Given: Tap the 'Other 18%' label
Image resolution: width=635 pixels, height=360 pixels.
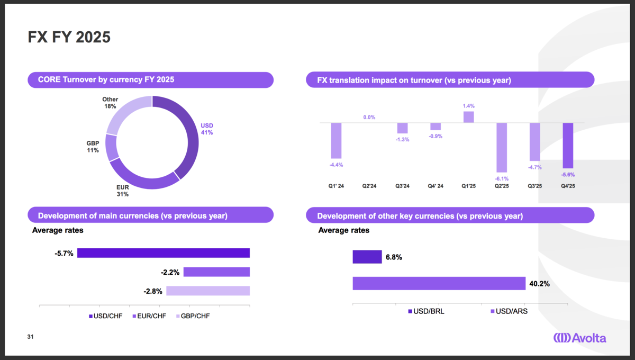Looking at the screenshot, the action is [110, 103].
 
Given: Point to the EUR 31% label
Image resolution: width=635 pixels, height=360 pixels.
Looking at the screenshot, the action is [122, 191].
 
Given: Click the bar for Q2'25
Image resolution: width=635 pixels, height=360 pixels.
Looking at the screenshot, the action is [502, 148].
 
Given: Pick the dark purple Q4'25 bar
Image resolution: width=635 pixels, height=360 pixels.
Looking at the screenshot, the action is [568, 146].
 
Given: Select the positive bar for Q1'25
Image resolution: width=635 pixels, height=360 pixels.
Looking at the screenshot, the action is [469, 117].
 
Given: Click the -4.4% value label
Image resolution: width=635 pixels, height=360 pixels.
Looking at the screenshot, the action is [336, 165].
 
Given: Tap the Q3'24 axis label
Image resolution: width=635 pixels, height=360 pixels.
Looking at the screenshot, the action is [402, 186].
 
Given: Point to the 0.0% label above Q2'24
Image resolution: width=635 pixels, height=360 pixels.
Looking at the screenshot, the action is [369, 117].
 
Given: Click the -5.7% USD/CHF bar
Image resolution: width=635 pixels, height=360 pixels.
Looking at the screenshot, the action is [164, 253].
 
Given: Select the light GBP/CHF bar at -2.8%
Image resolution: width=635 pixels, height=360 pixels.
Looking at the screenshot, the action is [208, 291].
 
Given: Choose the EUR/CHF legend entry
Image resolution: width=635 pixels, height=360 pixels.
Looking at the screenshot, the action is [149, 316].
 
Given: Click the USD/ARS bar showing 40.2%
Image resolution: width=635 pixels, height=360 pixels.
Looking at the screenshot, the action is [439, 283].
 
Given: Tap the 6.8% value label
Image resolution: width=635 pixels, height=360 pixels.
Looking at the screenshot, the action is [394, 257].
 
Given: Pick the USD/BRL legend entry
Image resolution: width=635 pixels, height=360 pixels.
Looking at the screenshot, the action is [426, 311].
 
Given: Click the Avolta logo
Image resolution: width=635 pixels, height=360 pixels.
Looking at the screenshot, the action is [580, 338].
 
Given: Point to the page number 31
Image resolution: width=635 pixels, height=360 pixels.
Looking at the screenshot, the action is [30, 337].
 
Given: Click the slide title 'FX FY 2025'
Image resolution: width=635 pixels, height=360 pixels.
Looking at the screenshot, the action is [69, 37].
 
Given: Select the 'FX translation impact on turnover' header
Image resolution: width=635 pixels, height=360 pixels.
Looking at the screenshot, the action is [414, 80].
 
